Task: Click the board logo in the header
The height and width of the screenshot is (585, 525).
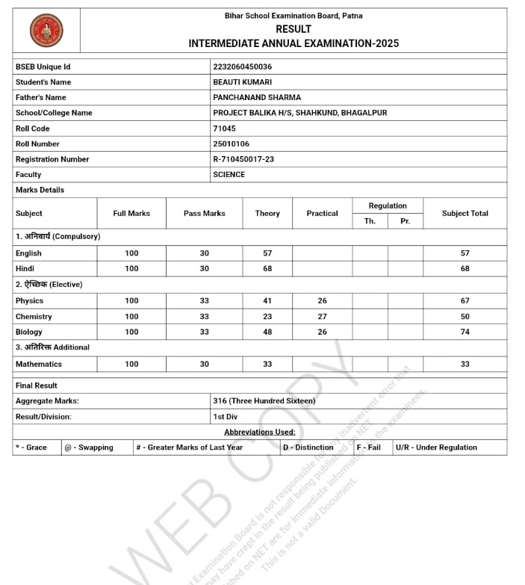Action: coord(46,31)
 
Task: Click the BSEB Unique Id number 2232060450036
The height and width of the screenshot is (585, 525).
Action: coord(242,66)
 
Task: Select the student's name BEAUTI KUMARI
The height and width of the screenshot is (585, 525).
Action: coord(242,82)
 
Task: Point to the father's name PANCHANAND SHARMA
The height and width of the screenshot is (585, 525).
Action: coord(257,97)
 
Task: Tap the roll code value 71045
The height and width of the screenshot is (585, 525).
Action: coord(224,129)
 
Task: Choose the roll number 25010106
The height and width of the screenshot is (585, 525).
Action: coord(231,143)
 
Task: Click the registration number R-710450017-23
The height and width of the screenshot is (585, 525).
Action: coord(243,159)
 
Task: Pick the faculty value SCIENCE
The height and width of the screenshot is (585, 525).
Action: coord(229,174)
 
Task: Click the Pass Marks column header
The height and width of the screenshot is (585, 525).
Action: coord(204,213)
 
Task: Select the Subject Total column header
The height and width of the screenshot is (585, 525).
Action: coord(465,213)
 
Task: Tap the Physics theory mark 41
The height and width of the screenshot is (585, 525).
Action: coord(267,301)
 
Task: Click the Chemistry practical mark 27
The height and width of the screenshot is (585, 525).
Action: coord(322,317)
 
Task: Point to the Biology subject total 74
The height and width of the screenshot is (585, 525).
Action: coord(465,332)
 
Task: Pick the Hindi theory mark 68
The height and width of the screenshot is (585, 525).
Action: coord(267,268)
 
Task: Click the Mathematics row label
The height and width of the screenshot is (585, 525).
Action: coord(39,364)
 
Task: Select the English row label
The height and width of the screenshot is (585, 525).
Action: coord(28,253)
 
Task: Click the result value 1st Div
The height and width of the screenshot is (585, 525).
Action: coord(225,416)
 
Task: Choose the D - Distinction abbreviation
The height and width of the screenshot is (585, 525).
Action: coord(308,448)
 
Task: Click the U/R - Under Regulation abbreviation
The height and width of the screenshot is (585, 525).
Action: coord(436,448)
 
